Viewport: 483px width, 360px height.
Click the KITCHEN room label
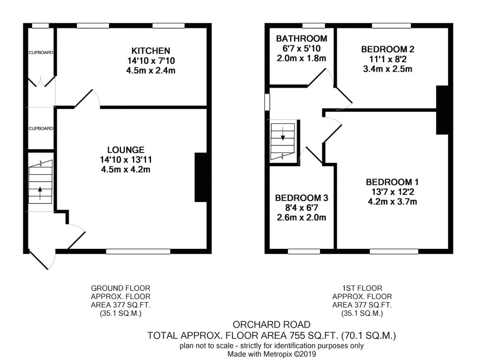click(150, 51)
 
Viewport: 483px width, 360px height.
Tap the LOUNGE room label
click(126, 150)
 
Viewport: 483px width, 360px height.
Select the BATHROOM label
click(301, 39)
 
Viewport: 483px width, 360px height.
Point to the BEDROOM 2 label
click(388, 49)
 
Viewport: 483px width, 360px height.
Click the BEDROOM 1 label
click(392, 182)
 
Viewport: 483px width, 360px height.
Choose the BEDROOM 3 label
click(301, 198)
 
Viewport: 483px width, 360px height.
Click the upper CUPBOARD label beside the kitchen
click(41, 53)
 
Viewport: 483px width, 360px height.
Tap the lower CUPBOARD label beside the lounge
click(41, 129)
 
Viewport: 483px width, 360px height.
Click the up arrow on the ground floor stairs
click(40, 193)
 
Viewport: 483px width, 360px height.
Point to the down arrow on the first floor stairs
click(283, 133)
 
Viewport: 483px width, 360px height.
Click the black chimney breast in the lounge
click(201, 177)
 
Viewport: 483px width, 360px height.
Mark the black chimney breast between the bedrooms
click(442, 110)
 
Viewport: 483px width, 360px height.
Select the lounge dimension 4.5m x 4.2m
click(126, 169)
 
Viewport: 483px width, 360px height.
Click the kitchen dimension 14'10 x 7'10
click(151, 60)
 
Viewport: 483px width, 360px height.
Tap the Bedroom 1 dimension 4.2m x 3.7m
click(392, 202)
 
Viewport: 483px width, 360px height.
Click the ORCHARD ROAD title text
click(271, 325)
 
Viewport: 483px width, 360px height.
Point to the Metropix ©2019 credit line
click(271, 355)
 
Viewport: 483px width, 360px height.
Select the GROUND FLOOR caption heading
click(120, 288)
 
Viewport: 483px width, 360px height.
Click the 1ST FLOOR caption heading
click(362, 288)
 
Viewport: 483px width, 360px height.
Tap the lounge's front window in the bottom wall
click(138, 252)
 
